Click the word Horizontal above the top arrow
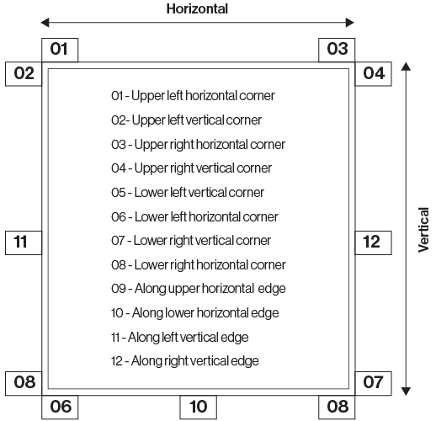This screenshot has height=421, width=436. [197, 8]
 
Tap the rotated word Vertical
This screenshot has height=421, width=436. [423, 230]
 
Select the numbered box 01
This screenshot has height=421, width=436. [60, 50]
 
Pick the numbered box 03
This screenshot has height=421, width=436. [337, 50]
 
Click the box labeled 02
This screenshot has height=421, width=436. [24, 74]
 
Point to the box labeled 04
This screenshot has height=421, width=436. [373, 74]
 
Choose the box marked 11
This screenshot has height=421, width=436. [24, 242]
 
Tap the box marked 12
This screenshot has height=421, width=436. [373, 242]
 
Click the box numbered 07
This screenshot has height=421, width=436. [373, 383]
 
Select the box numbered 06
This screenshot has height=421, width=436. [60, 408]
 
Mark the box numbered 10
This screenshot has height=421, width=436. [198, 408]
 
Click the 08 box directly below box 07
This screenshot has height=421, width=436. [337, 408]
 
